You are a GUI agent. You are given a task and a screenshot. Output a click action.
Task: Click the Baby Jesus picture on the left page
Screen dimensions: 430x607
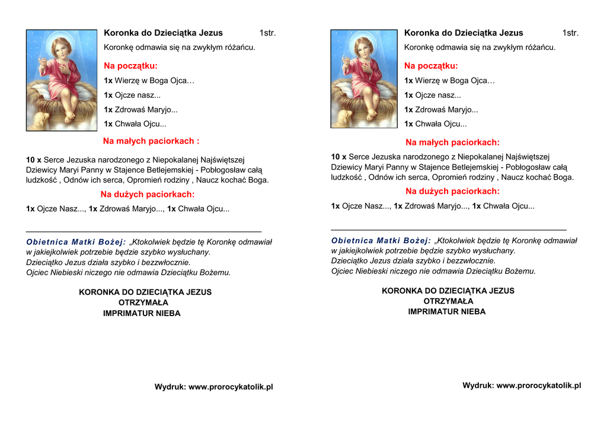[x=62, y=80]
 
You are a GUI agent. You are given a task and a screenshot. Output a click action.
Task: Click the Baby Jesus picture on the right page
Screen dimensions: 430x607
[x=364, y=78]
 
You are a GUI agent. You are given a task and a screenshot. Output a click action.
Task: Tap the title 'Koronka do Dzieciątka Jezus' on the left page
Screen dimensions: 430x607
[x=163, y=33]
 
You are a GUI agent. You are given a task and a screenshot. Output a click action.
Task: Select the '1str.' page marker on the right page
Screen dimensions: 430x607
[x=570, y=33]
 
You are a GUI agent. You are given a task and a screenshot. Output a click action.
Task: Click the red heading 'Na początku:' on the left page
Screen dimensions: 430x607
[x=131, y=66]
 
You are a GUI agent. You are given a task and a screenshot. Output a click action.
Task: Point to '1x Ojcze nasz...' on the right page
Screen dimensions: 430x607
[x=433, y=95]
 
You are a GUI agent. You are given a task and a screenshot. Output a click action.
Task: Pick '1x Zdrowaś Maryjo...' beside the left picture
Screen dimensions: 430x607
[x=140, y=110]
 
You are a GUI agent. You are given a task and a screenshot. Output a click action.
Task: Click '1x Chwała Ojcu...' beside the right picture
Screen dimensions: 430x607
[x=435, y=124]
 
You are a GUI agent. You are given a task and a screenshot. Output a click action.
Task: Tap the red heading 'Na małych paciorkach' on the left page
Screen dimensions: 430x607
[x=151, y=141]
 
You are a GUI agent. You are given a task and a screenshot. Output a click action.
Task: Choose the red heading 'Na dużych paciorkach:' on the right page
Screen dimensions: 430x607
[x=452, y=191]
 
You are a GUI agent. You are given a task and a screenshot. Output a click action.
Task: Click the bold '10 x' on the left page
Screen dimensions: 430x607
[x=34, y=160]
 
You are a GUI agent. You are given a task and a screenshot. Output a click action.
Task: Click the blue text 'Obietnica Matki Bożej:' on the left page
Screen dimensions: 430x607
[x=76, y=242]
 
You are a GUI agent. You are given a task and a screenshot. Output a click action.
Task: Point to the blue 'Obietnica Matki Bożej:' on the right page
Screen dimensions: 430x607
[x=381, y=241]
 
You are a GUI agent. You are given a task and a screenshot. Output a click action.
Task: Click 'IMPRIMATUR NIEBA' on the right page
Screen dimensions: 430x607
[x=446, y=311]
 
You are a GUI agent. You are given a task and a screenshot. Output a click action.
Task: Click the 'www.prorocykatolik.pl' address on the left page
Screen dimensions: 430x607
[x=231, y=387]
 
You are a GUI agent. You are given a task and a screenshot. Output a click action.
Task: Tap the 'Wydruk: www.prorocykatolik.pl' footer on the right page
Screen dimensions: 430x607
[x=522, y=386]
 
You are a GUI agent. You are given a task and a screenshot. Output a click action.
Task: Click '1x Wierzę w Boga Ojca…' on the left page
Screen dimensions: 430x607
[x=149, y=81]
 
